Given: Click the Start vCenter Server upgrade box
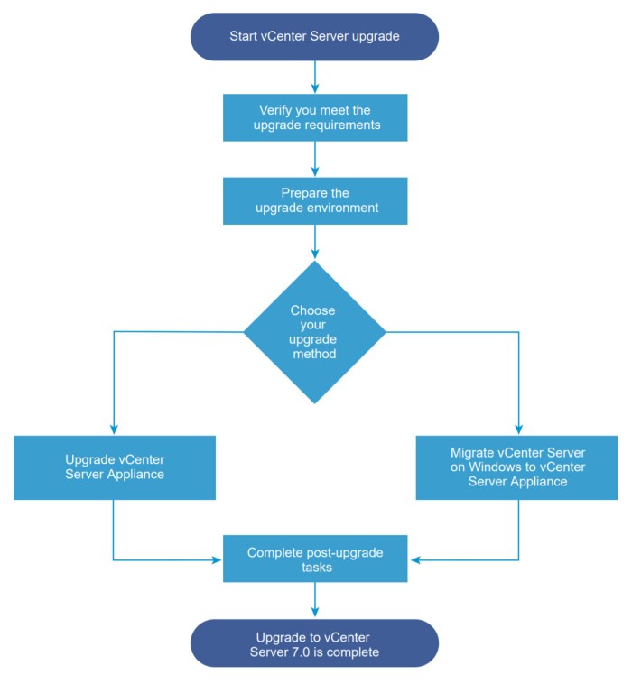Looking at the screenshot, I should (314, 36).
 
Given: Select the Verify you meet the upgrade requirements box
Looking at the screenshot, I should (314, 117).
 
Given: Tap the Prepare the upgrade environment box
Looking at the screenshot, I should (314, 200).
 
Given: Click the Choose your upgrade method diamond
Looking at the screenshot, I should (314, 332).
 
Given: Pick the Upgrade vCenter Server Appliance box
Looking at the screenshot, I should (114, 467).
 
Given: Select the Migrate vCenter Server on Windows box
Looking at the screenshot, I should (518, 467).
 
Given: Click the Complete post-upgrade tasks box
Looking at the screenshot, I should (314, 559).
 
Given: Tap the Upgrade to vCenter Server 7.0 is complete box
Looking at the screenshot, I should (314, 643).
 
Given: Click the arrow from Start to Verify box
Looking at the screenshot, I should (314, 77).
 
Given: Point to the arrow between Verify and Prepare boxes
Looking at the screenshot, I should (314, 159).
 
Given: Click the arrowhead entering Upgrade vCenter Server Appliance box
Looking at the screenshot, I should (114, 430).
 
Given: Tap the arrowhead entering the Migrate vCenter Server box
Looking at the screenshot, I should (518, 430).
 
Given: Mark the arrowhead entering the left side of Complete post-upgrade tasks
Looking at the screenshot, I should (217, 560).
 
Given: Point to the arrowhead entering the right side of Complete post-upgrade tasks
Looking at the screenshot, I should (413, 560).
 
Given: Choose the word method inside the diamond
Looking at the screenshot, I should (314, 355).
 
